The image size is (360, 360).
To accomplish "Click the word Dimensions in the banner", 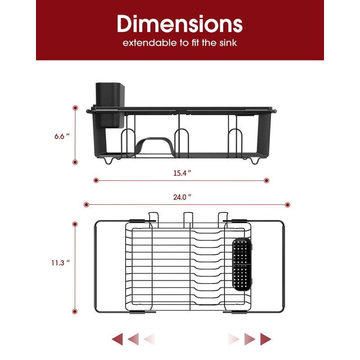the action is tap(180, 24).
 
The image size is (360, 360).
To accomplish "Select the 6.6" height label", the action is tap(62, 136).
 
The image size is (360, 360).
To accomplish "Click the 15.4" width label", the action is tap(182, 173).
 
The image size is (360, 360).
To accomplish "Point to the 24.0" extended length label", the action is tap(182, 197).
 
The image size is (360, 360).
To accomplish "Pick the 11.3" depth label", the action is tap(60, 263).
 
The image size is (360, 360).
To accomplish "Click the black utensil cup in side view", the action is tap(110, 105).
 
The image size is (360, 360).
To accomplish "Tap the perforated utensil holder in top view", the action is tap(242, 264).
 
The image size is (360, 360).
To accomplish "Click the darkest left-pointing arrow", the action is tap(117, 339).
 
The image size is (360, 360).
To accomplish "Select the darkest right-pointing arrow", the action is tap(265, 339).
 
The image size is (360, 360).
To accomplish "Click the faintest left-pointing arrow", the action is tap(149, 339).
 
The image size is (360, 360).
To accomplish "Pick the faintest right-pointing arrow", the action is tap(234, 339).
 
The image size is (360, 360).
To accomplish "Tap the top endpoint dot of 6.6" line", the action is tap(75, 108).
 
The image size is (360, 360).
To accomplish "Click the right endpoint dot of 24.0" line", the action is tap(288, 205).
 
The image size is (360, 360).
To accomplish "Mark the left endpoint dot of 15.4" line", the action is tap(96, 180).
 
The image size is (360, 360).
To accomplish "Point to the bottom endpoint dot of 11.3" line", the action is tap(75, 311).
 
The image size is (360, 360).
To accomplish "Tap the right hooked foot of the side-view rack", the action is tap(255, 161).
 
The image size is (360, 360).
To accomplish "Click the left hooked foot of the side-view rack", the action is tap(108, 161).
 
